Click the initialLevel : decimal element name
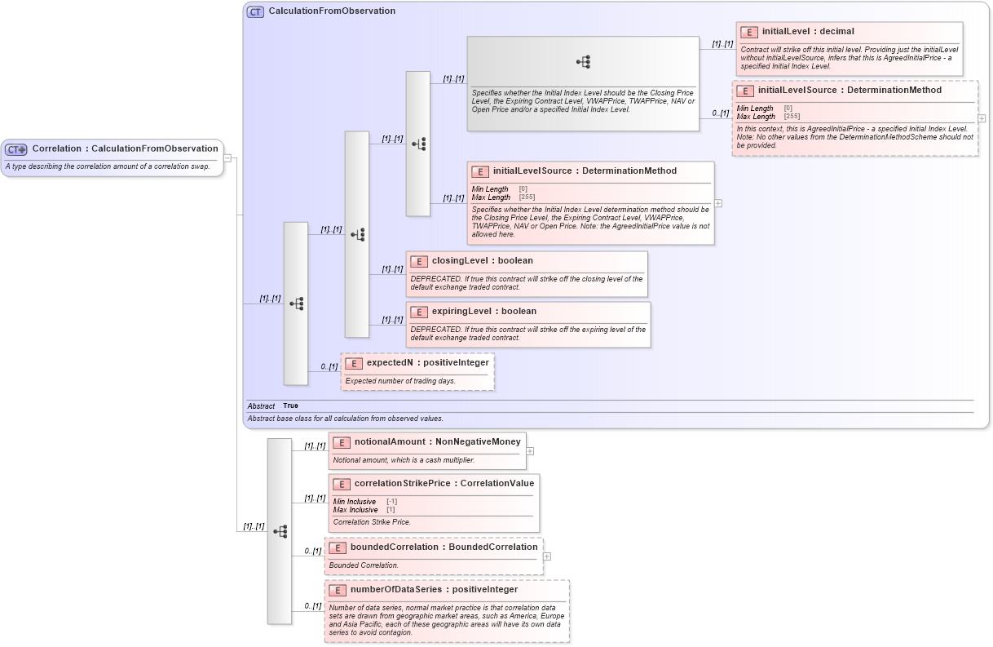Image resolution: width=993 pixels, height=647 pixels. (808, 32)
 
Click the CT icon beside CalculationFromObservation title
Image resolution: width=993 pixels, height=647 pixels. (256, 11)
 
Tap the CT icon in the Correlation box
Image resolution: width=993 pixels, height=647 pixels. (16, 149)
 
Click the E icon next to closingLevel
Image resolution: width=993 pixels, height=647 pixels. (419, 262)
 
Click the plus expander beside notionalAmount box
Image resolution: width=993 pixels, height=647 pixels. (530, 450)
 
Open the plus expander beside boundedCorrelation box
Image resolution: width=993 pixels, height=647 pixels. (546, 556)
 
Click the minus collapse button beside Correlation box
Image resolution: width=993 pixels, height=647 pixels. (227, 158)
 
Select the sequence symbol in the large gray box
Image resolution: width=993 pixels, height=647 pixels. (583, 62)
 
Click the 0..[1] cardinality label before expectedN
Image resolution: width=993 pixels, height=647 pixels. (328, 367)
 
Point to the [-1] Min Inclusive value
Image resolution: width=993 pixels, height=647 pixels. (391, 501)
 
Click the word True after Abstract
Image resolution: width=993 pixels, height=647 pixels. (290, 405)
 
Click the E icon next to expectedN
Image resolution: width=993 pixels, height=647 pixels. (354, 363)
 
